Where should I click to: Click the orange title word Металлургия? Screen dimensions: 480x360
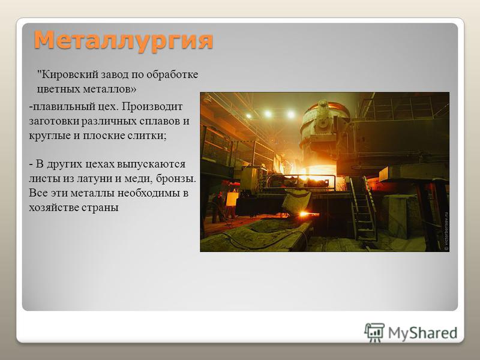(124, 40)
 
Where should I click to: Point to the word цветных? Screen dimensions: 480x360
(55, 89)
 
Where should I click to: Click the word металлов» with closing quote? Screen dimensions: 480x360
(106, 89)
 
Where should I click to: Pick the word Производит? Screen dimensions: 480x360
(152, 107)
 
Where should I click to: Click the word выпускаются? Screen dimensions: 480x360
(151, 164)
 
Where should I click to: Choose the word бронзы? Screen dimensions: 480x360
(176, 179)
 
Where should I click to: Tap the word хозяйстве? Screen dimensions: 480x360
(54, 208)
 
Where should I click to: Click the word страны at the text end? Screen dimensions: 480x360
(100, 208)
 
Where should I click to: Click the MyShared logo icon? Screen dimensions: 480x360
(374, 333)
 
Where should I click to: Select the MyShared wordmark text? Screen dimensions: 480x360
(423, 333)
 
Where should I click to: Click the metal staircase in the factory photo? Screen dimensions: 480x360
(363, 208)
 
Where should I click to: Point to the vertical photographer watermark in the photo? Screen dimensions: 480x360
(446, 231)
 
